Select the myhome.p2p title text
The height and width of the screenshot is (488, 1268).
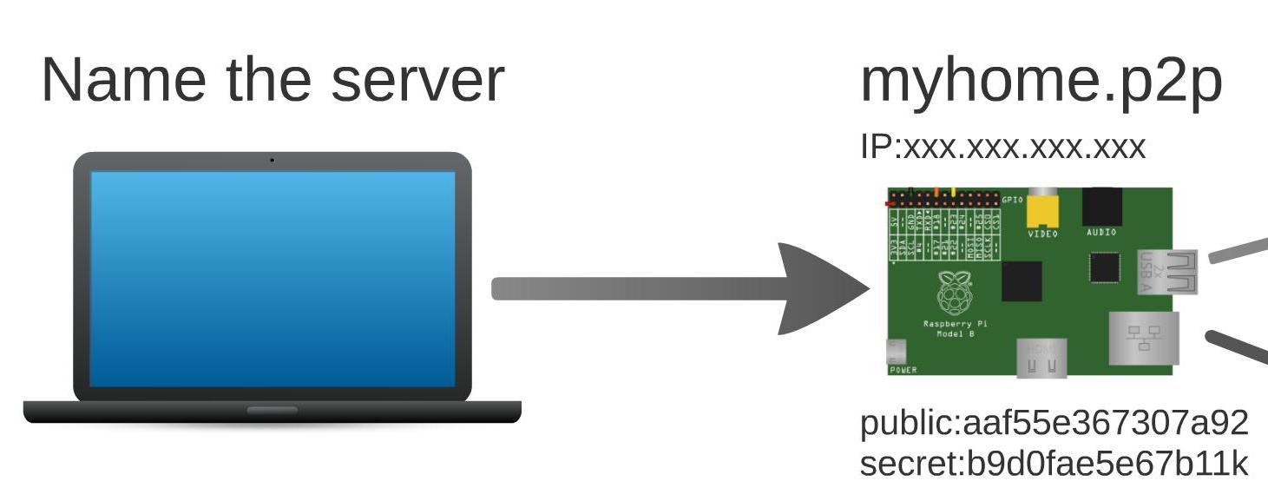click(x=1041, y=82)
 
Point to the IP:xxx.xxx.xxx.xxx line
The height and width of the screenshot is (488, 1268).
click(x=1002, y=147)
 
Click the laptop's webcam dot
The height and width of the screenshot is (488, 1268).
click(x=272, y=160)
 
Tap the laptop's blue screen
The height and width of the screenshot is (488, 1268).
click(x=273, y=278)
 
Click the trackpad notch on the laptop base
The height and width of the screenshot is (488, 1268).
click(x=272, y=410)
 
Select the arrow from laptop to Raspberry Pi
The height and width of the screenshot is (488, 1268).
click(x=677, y=288)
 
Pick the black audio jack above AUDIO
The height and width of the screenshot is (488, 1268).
click(x=1101, y=207)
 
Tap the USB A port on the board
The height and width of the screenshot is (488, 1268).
click(x=1167, y=272)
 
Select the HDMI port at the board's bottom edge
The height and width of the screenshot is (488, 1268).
click(x=1041, y=358)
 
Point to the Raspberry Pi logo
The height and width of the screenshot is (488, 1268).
click(x=955, y=293)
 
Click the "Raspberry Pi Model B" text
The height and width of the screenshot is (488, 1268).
click(x=955, y=328)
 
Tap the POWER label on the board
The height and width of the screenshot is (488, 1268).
click(x=903, y=370)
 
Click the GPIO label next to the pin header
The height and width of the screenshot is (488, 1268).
click(x=1013, y=200)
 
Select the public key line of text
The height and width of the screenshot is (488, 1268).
click(x=1054, y=423)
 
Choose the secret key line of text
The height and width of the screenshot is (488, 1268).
click(x=1054, y=464)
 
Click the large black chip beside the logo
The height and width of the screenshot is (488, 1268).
click(x=1022, y=281)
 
